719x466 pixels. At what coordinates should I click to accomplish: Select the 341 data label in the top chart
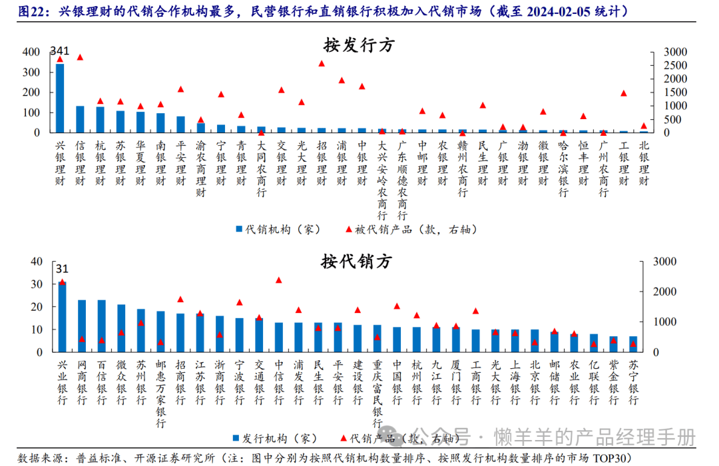pos(60,51)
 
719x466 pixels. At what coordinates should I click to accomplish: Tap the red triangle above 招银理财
pos(322,63)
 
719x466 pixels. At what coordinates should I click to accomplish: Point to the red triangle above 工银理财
pos(624,93)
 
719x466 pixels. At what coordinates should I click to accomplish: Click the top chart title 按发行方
pos(359,45)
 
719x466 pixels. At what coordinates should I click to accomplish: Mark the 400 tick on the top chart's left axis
pos(31,52)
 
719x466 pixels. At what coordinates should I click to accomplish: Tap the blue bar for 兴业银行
pos(62,317)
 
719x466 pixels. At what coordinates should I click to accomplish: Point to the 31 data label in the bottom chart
pos(62,269)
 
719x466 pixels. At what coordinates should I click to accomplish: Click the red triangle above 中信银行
pos(278,280)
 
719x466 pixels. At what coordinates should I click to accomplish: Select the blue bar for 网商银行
pos(82,326)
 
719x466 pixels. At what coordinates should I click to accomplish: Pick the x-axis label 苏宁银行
pos(633,383)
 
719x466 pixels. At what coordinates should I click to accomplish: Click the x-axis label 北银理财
pos(644,164)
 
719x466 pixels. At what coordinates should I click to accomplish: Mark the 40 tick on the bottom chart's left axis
pos(37,262)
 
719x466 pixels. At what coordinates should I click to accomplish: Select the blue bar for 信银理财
pos(80,119)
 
